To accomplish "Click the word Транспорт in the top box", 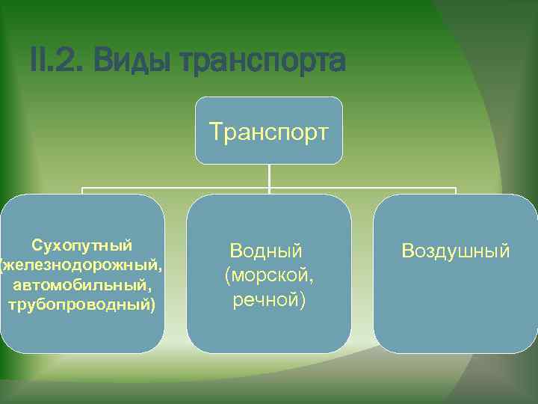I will (x=269, y=132).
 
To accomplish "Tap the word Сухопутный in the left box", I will (x=82, y=245).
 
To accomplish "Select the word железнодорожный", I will (x=84, y=266).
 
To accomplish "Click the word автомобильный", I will (x=80, y=285).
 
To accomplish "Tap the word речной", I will (x=266, y=300).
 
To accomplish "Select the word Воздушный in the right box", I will (x=456, y=251).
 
